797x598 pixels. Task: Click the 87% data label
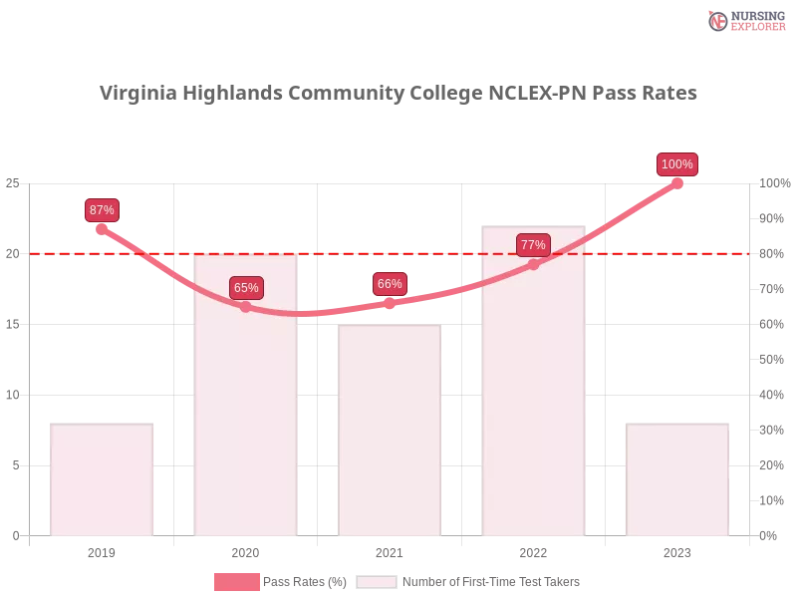click(102, 210)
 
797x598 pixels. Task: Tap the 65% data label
click(246, 288)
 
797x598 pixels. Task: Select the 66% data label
click(390, 284)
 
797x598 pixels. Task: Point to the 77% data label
click(533, 245)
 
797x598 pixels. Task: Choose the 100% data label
click(677, 164)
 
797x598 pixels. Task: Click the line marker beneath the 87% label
click(103, 229)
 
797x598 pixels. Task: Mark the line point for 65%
click(246, 307)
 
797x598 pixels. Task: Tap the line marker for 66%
click(390, 302)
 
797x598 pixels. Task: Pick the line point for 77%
click(533, 264)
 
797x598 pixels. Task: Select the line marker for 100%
click(677, 182)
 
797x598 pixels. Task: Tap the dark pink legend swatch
click(237, 582)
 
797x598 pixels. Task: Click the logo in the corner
click(744, 20)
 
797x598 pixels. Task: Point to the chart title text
click(398, 93)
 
